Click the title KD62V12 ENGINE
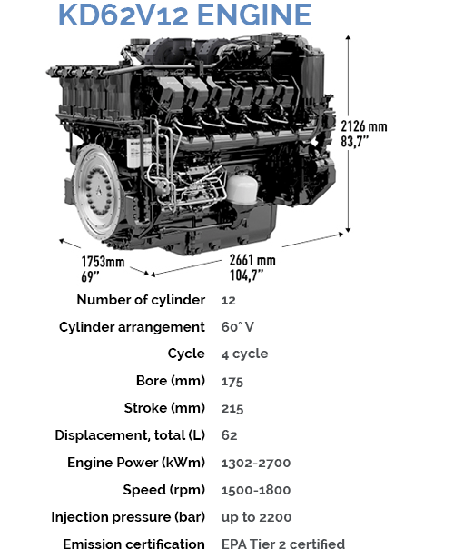(x=184, y=15)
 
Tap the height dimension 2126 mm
(x=363, y=126)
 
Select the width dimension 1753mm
(x=103, y=262)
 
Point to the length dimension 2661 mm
(x=252, y=260)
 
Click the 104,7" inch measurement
(x=246, y=275)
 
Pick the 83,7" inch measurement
(x=355, y=141)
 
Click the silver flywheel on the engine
(x=97, y=192)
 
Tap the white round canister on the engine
(x=242, y=188)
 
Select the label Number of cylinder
(x=141, y=300)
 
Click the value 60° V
(x=238, y=327)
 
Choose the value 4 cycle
(x=244, y=354)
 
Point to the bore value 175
(x=232, y=382)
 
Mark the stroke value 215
(x=232, y=408)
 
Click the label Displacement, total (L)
(x=130, y=435)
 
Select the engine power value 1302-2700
(x=256, y=463)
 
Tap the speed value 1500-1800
(x=256, y=490)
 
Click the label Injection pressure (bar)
(x=128, y=517)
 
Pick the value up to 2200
(x=256, y=517)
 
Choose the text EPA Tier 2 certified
(x=283, y=544)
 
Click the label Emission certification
(x=133, y=544)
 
